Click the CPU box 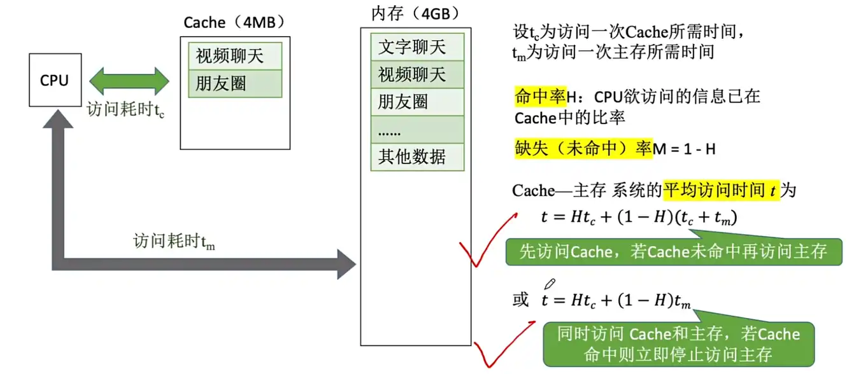pyautogui.click(x=54, y=80)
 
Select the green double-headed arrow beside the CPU pyautogui.click(x=129, y=81)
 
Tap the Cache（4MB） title pyautogui.click(x=234, y=22)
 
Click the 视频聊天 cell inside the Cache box pyautogui.click(x=235, y=57)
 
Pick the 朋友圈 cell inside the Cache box pyautogui.click(x=235, y=83)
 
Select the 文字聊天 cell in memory pyautogui.click(x=417, y=47)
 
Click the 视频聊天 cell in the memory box pyautogui.click(x=417, y=74)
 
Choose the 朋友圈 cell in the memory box pyautogui.click(x=417, y=102)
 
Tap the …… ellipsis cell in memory pyautogui.click(x=417, y=129)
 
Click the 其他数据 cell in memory pyautogui.click(x=417, y=156)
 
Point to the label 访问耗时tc pyautogui.click(x=126, y=111)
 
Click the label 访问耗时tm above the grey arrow pyautogui.click(x=174, y=241)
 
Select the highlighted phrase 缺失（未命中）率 pyautogui.click(x=583, y=149)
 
